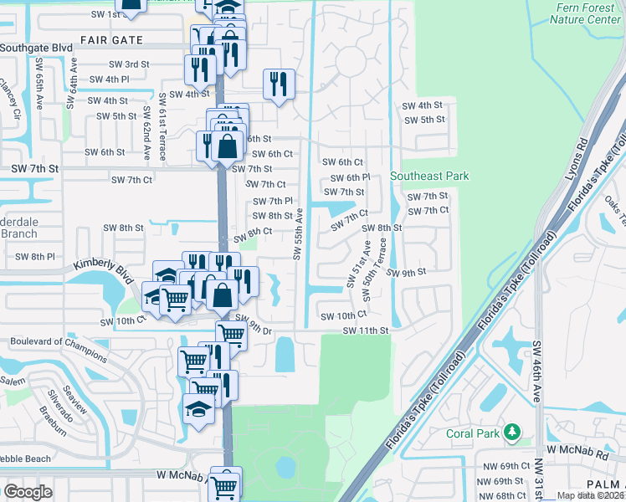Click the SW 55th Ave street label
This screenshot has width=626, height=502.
coord(298,234)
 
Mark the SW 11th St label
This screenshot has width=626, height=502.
coord(366,330)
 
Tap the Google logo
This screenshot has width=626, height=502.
coord(28,491)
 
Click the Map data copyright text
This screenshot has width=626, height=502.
coord(590,495)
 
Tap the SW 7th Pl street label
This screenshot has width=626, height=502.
coord(273,201)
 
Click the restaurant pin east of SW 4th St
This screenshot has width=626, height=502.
coord(280,84)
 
